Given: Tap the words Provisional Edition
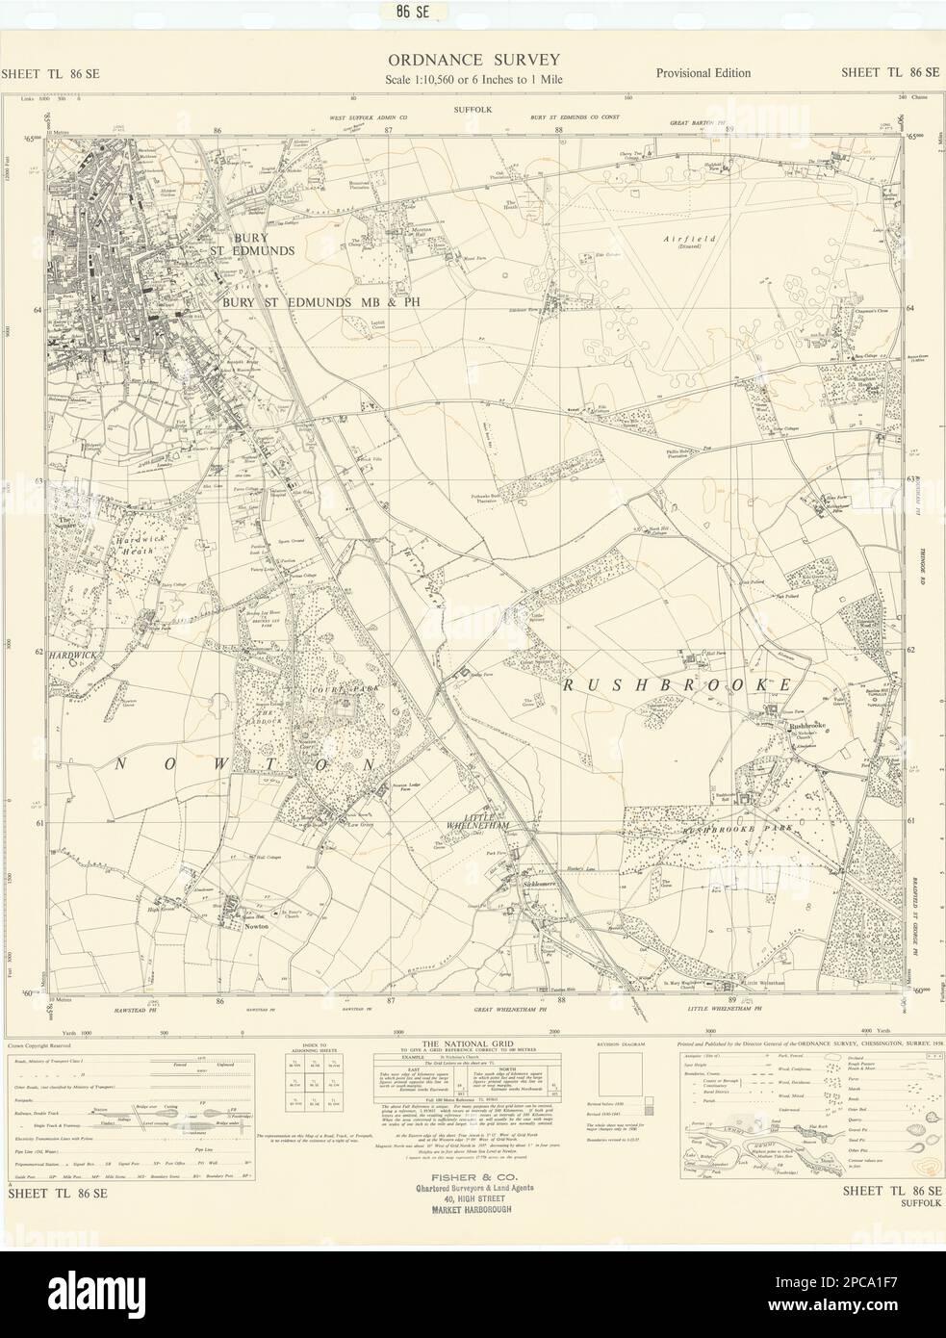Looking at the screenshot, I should [703, 73].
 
